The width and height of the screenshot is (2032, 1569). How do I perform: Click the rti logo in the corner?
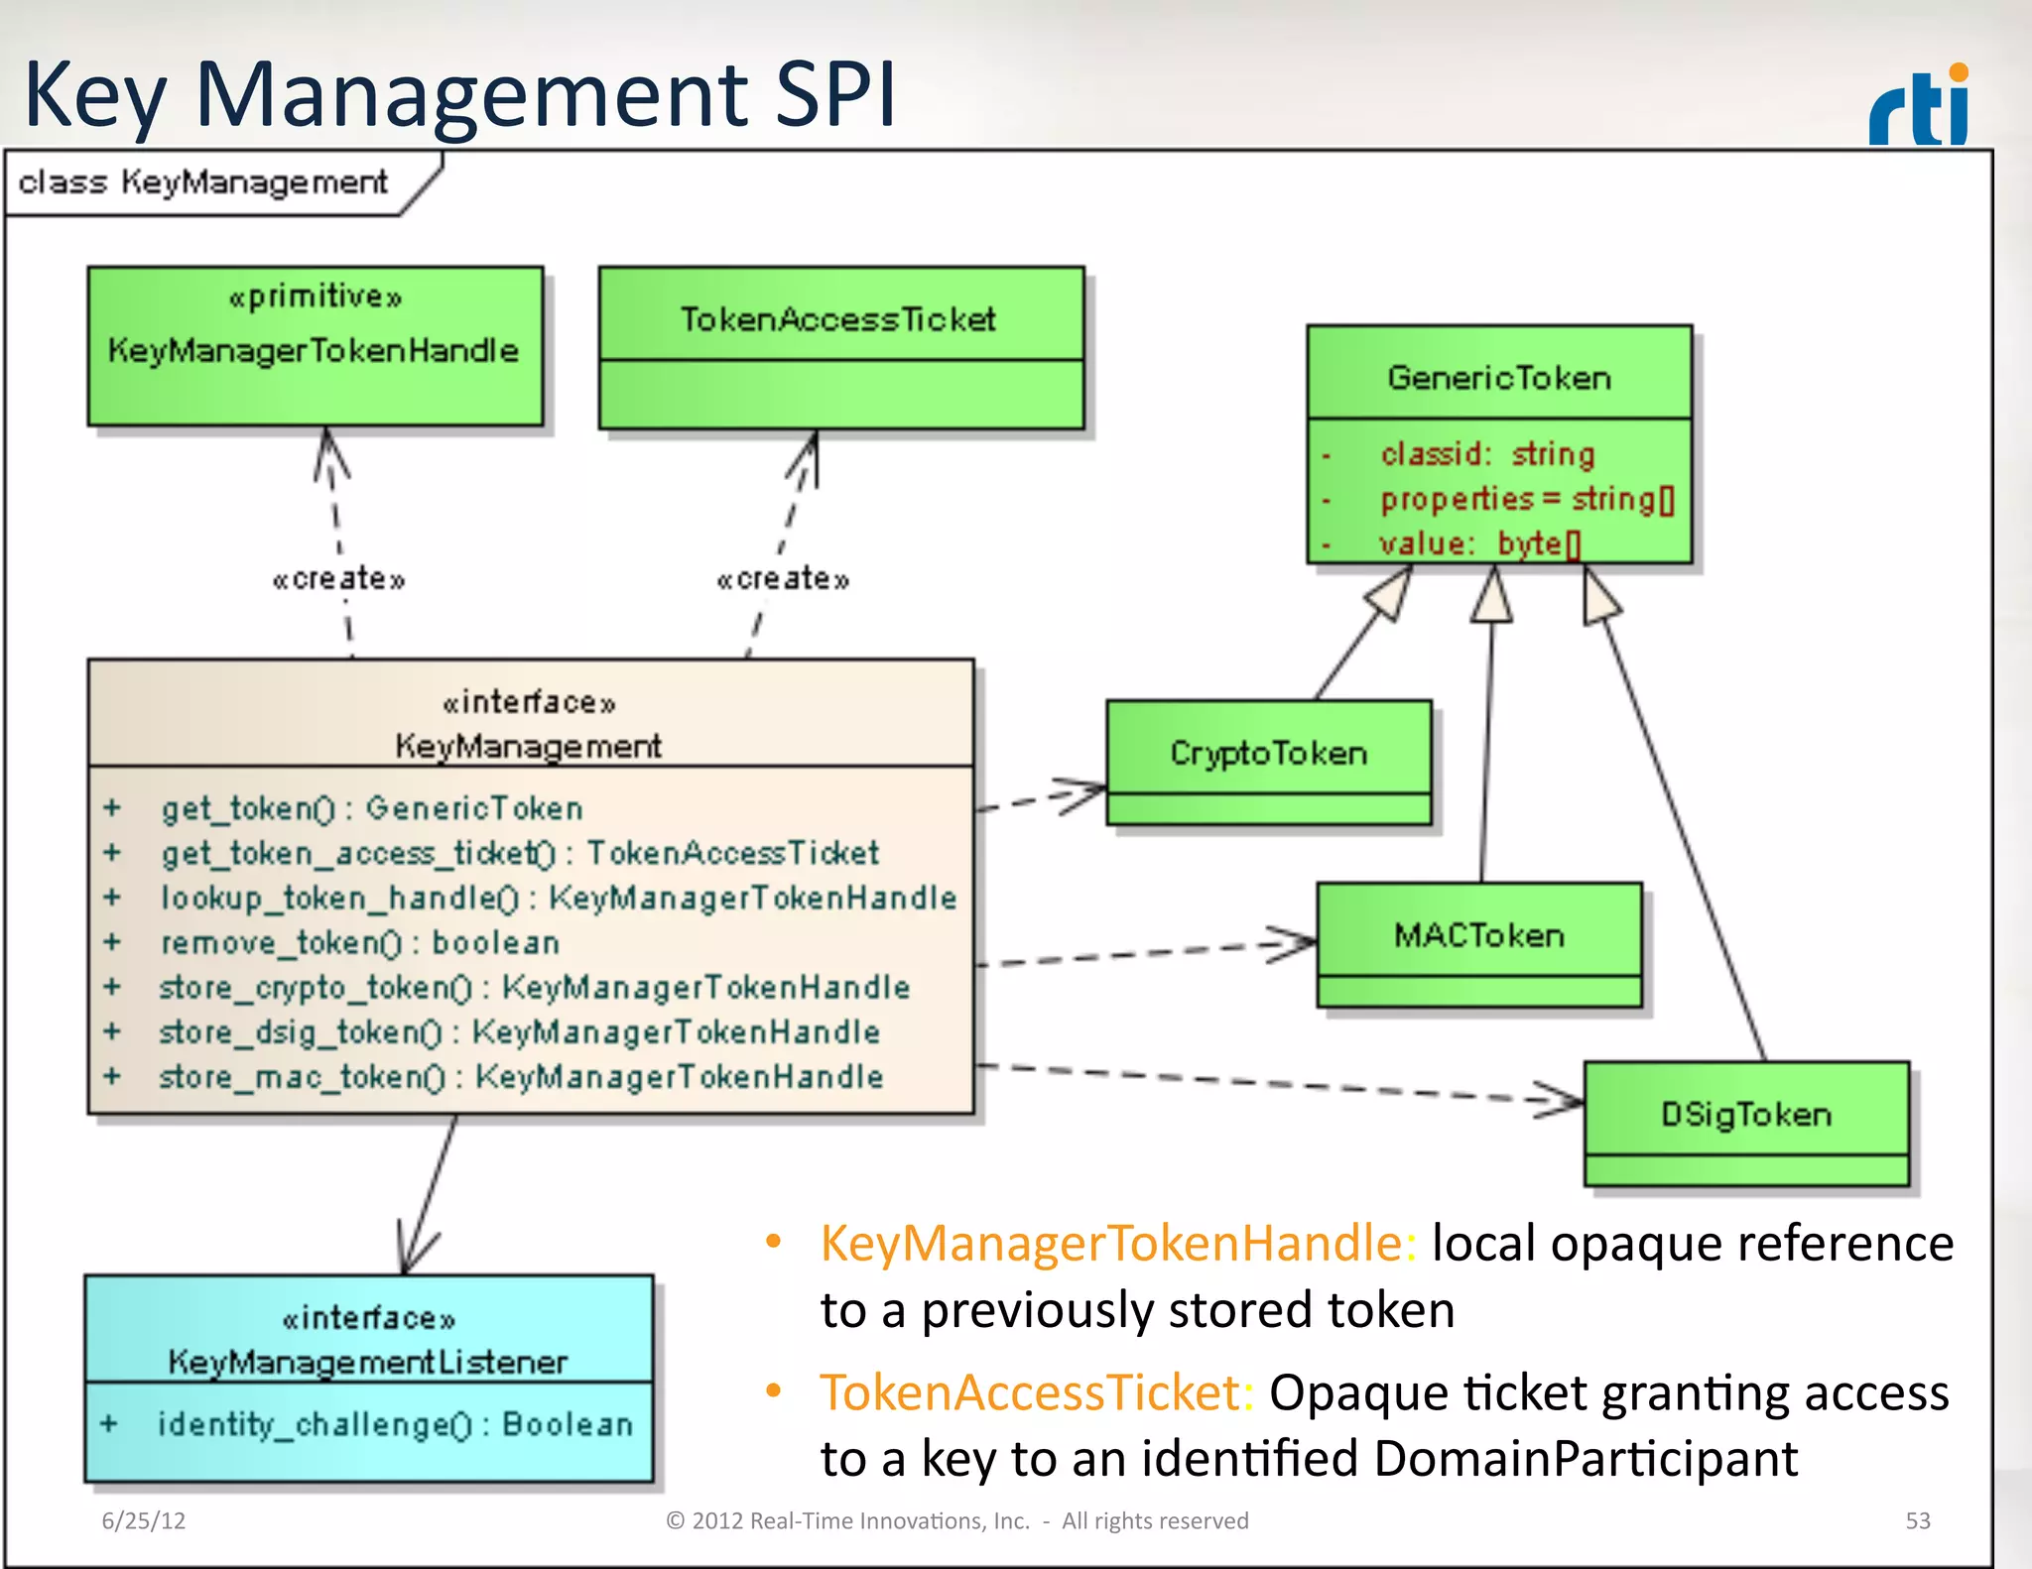(x=1920, y=106)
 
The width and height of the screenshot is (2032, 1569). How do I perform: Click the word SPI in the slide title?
(x=834, y=95)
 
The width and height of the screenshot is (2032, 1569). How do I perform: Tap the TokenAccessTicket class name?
(x=838, y=319)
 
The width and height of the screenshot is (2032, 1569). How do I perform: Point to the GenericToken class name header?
(x=1498, y=377)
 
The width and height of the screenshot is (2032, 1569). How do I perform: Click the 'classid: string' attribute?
(x=1486, y=454)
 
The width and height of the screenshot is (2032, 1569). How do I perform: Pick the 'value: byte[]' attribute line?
(x=1478, y=543)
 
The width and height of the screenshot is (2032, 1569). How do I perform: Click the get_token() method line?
(x=372, y=808)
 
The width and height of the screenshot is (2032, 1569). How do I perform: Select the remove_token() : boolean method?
(x=360, y=942)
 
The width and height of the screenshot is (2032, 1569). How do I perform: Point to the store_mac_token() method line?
(x=521, y=1077)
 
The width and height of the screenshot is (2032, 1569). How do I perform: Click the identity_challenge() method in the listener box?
(x=395, y=1424)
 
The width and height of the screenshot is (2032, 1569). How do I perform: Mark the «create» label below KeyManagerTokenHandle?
(x=339, y=578)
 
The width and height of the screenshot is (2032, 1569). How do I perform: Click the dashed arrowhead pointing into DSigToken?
(x=1563, y=1099)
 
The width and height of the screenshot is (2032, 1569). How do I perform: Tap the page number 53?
(x=1917, y=1520)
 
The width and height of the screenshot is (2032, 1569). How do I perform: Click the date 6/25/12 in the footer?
(x=144, y=1520)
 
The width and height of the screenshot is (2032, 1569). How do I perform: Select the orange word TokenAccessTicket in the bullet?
(x=1030, y=1391)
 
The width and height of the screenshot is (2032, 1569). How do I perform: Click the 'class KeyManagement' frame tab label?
(x=203, y=182)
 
